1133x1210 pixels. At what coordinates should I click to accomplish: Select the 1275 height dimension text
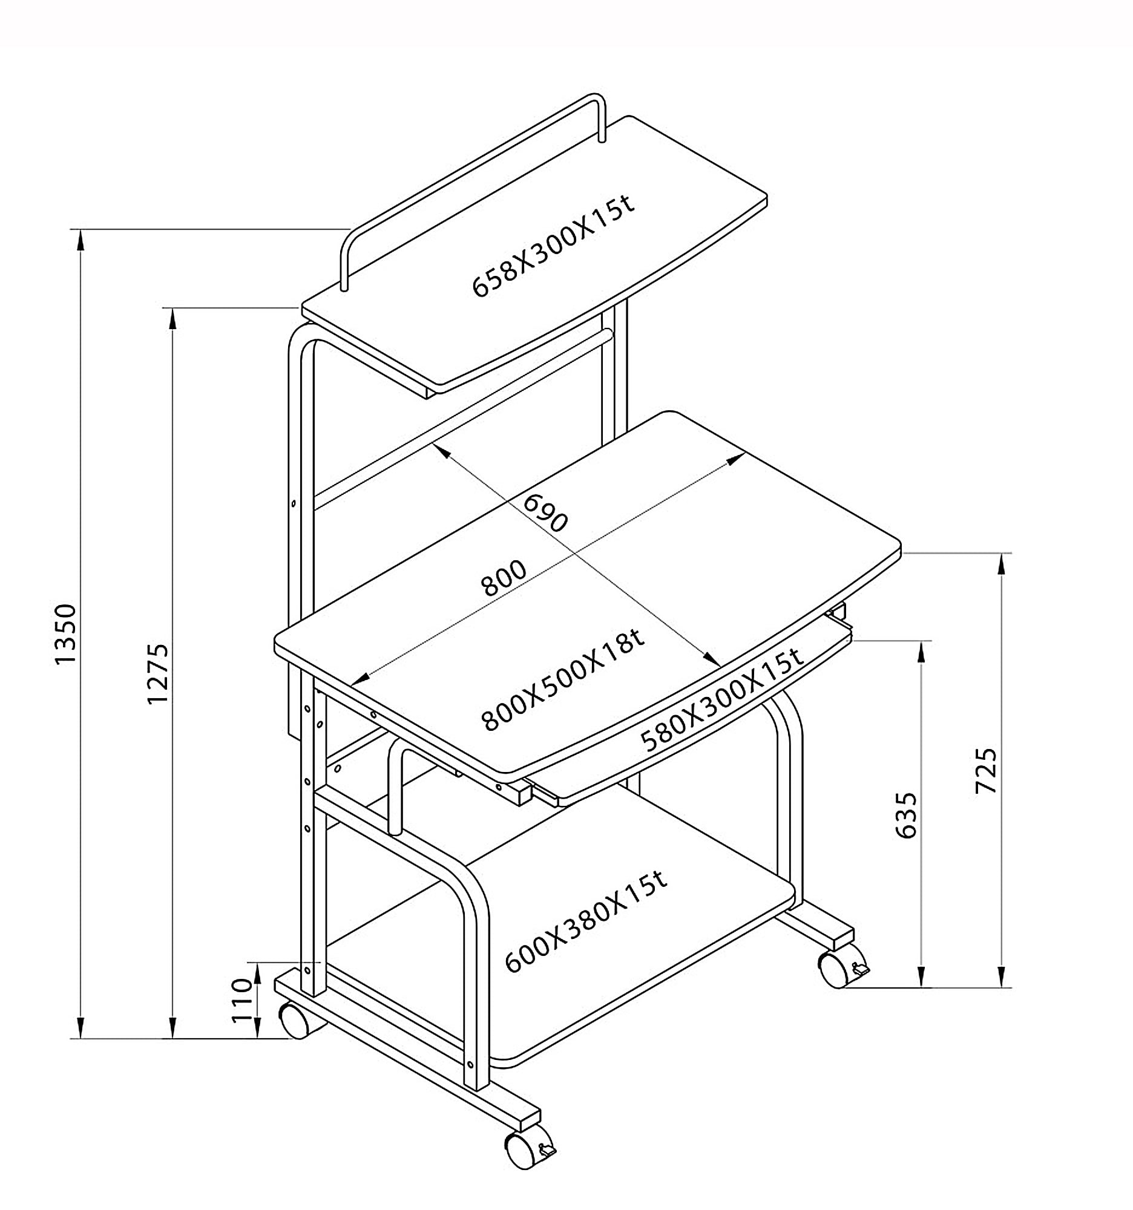pyautogui.click(x=158, y=674)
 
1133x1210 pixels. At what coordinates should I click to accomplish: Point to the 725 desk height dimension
pyautogui.click(x=986, y=771)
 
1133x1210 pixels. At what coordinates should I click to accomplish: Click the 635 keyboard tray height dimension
pyautogui.click(x=907, y=815)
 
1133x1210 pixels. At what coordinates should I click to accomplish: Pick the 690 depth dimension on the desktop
pyautogui.click(x=545, y=512)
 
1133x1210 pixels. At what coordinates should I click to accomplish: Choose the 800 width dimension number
pyautogui.click(x=504, y=578)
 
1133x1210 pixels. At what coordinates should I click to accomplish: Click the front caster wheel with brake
pyautogui.click(x=530, y=1149)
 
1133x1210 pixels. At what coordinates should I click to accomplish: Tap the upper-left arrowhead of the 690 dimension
pyautogui.click(x=441, y=450)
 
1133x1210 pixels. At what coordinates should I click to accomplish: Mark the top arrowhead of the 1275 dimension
pyautogui.click(x=173, y=319)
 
